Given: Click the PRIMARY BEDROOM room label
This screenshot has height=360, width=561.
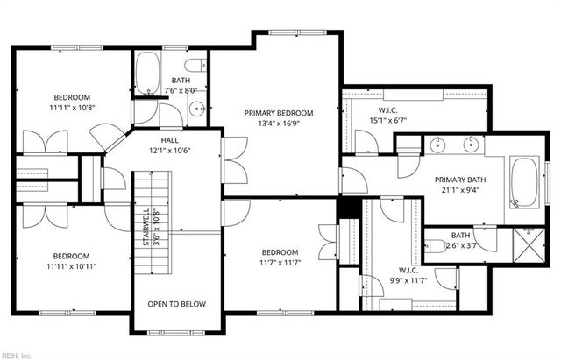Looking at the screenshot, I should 278,113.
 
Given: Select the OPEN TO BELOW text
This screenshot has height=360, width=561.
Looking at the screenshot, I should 176,304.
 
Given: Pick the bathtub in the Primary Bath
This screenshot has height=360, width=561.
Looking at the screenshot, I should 524,182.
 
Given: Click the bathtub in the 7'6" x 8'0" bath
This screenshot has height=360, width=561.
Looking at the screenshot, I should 147,74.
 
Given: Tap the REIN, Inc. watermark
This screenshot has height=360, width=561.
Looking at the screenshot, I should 17,355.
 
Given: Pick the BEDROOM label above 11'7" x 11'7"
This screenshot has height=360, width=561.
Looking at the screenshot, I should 279,252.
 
